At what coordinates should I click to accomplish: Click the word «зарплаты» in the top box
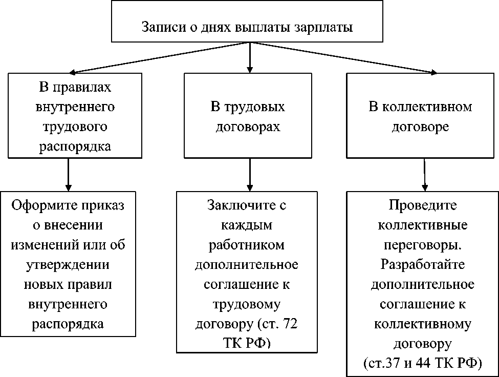point(324,27)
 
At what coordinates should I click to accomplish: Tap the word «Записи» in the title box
point(160,27)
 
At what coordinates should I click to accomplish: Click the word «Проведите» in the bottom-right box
point(422,206)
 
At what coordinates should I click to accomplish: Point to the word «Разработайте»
point(422,265)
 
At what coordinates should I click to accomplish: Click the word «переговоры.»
point(422,245)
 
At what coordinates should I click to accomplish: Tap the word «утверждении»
point(69,265)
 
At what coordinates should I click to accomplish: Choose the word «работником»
point(247,245)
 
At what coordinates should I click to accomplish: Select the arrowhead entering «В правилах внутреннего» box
point(73,72)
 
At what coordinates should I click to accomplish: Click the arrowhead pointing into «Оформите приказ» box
point(68,187)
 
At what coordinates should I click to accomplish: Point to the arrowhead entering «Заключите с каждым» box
point(249,187)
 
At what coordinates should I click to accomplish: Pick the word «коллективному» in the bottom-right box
point(422,324)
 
